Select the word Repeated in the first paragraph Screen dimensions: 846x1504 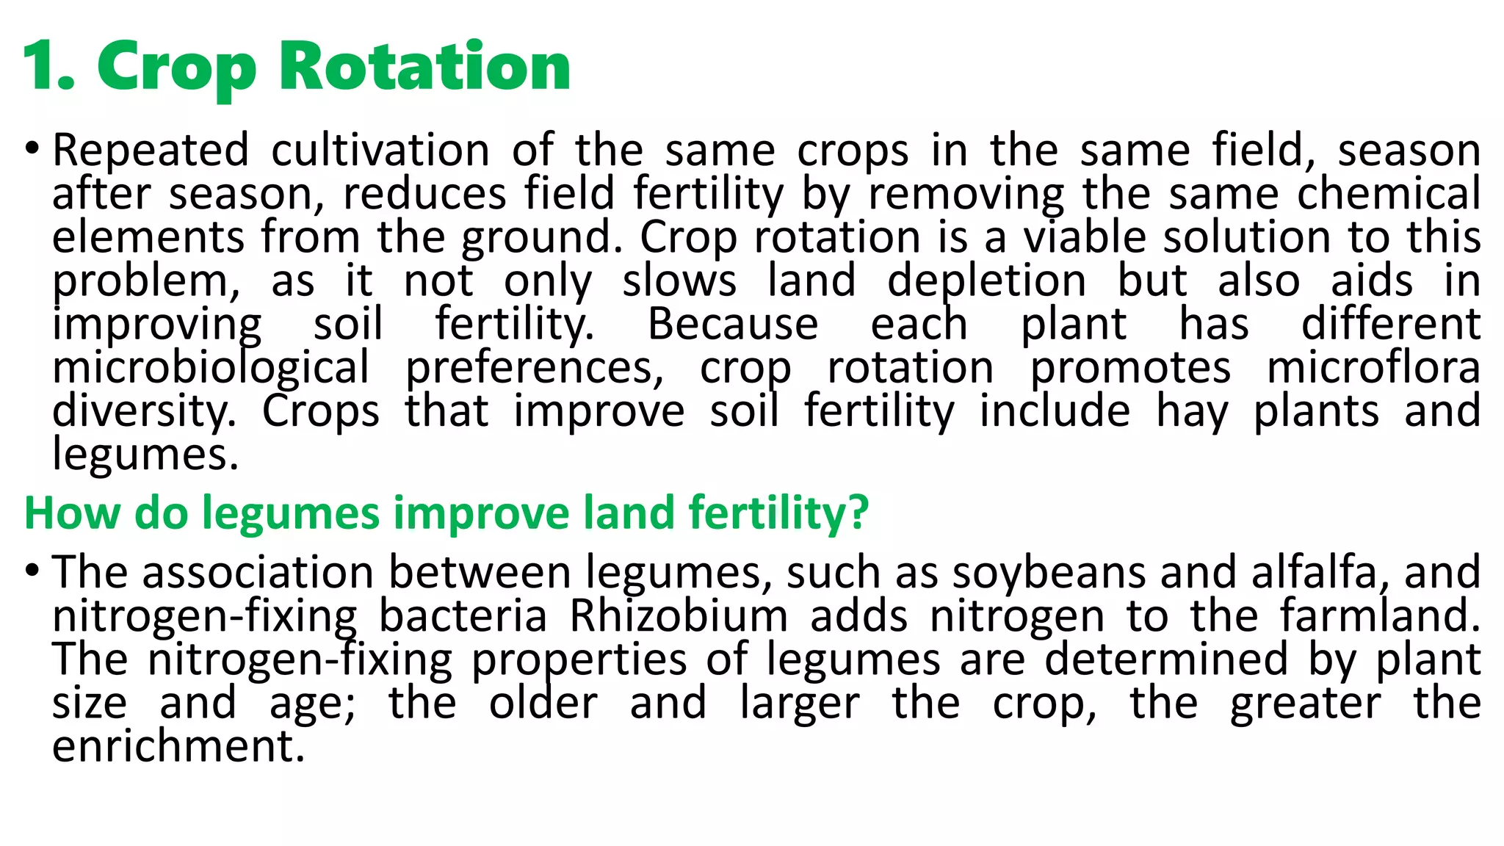tap(151, 151)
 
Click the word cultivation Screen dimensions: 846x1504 tap(380, 151)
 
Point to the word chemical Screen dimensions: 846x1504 tap(1389, 194)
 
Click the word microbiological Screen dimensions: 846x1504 tap(211, 368)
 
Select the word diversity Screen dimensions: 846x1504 tap(144, 411)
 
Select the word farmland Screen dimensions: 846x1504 tap(1380, 615)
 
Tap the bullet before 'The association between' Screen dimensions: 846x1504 tap(31, 571)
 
